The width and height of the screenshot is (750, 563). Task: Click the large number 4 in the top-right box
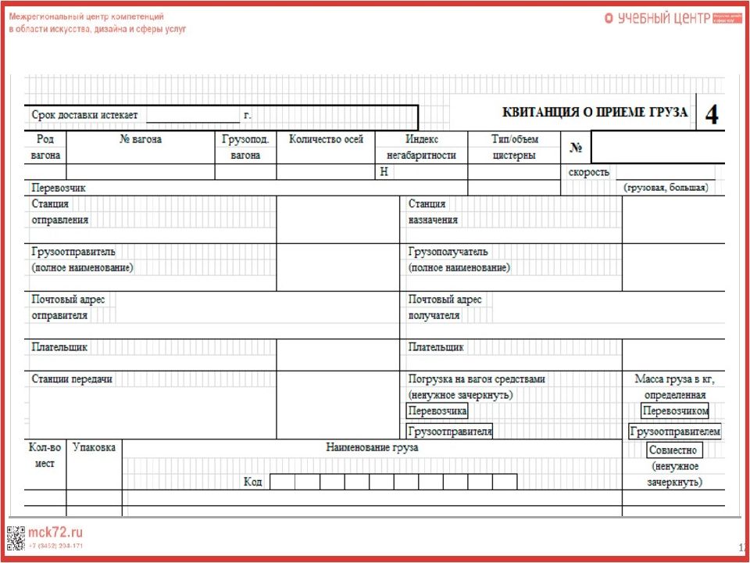pyautogui.click(x=712, y=115)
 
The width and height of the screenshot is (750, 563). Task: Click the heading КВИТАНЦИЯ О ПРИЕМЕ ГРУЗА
pyautogui.click(x=595, y=112)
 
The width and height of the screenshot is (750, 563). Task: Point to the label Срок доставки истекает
pyautogui.click(x=84, y=115)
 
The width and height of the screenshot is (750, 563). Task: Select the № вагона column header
pyautogui.click(x=141, y=139)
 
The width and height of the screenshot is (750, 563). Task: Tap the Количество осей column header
pyautogui.click(x=326, y=139)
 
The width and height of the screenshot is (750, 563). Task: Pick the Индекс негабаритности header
pyautogui.click(x=421, y=147)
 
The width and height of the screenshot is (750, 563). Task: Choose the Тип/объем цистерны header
pyautogui.click(x=514, y=147)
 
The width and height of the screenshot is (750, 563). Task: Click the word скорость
pyautogui.click(x=589, y=172)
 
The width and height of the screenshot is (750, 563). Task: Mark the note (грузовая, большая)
pyautogui.click(x=666, y=188)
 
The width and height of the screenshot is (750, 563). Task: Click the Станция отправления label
pyautogui.click(x=60, y=212)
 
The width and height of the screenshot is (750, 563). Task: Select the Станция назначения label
pyautogui.click(x=433, y=212)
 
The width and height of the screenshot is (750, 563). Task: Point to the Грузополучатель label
pyautogui.click(x=448, y=252)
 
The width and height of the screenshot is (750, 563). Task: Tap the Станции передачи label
pyautogui.click(x=72, y=378)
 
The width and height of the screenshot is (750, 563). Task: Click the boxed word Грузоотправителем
pyautogui.click(x=675, y=431)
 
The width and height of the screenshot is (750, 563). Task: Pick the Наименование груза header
pyautogui.click(x=372, y=447)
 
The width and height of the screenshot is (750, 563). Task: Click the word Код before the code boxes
pyautogui.click(x=252, y=482)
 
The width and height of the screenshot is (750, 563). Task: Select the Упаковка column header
pyautogui.click(x=94, y=447)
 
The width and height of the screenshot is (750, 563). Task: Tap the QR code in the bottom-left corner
pyautogui.click(x=16, y=538)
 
